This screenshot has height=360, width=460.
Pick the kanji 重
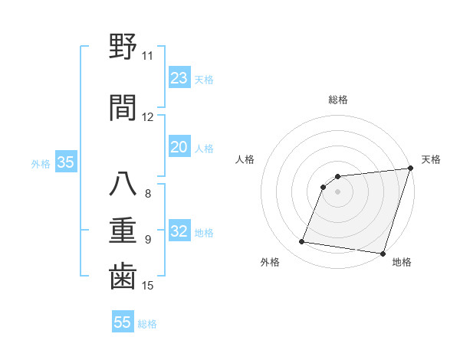pos(123,229)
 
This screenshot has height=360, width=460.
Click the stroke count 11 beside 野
pos(147,56)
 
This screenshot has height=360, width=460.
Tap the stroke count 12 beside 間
pos(147,117)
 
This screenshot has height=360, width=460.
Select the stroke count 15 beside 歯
pos(147,286)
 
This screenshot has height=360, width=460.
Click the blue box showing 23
pos(179,78)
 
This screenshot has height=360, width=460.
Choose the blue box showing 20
pos(179,147)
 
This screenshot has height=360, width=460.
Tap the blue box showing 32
pos(179,231)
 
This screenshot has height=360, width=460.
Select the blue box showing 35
pos(65,162)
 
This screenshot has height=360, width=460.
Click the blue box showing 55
pos(123,322)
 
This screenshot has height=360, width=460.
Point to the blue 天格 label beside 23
pos(203,80)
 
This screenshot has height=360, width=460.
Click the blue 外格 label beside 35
pos(41,163)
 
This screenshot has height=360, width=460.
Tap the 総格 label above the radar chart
pos(337,100)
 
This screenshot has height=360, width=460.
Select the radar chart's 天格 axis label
pos(431,159)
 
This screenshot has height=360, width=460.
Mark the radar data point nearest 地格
pos(382,254)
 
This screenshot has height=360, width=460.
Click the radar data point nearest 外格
pos(302,242)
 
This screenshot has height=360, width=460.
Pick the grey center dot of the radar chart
pos(337,191)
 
